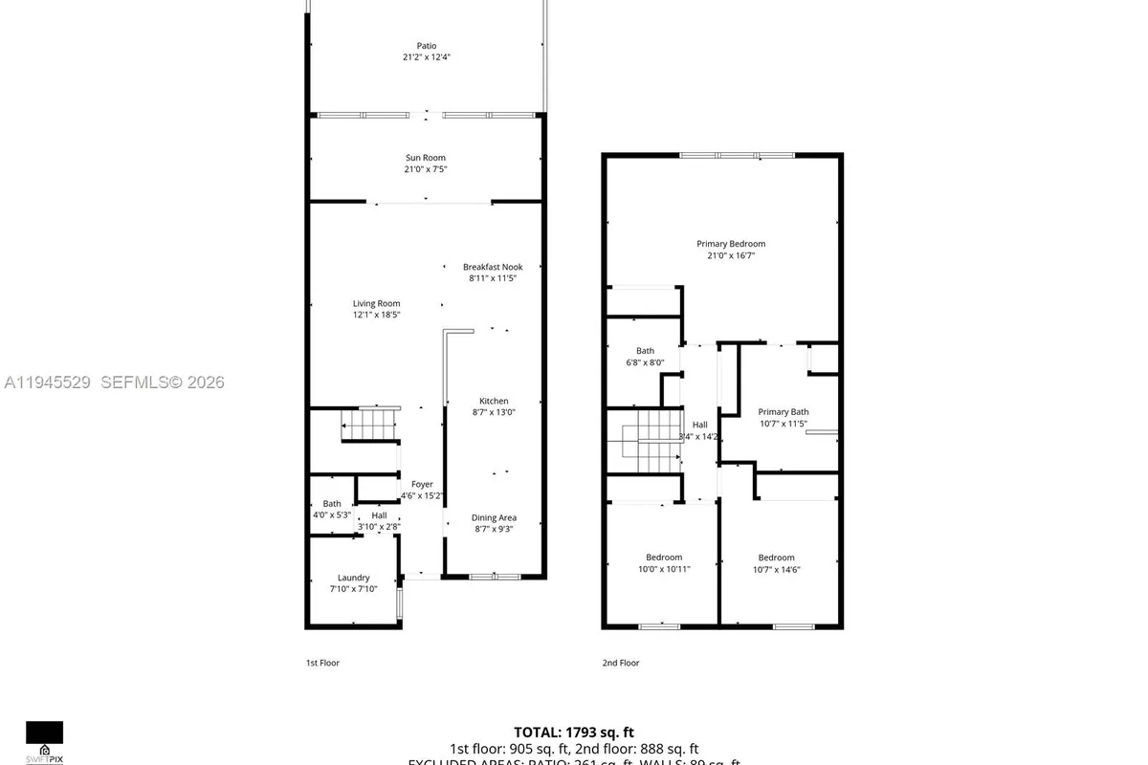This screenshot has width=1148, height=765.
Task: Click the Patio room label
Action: tap(426, 46)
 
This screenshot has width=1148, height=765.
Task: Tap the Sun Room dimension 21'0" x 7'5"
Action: tap(425, 169)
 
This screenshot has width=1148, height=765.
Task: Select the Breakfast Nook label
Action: tap(493, 267)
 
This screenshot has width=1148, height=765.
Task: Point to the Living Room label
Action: tap(376, 303)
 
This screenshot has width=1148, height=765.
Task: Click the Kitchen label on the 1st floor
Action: tap(494, 401)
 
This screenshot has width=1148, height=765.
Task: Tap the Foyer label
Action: tap(422, 485)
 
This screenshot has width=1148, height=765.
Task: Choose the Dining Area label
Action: tap(494, 518)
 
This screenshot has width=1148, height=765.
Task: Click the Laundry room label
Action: tap(353, 578)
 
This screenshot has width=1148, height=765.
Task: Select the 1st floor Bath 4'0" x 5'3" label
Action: tap(331, 504)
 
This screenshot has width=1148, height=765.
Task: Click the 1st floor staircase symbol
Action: tap(370, 424)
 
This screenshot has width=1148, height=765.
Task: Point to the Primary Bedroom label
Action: tap(730, 244)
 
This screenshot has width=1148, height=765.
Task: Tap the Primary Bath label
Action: tap(784, 412)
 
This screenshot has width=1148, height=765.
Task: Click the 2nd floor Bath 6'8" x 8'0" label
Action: tap(645, 351)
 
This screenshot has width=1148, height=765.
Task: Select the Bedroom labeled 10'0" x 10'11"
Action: tap(663, 557)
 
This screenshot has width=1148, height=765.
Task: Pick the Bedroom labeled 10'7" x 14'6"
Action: tap(776, 557)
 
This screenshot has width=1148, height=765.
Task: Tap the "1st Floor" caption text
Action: tap(322, 663)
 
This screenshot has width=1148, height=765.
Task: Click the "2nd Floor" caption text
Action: tap(620, 663)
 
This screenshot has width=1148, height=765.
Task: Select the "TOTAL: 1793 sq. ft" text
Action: tap(574, 732)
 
